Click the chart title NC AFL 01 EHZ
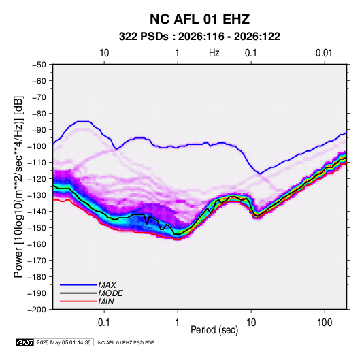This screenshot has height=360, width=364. (x=199, y=19)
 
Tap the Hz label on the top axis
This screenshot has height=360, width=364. (x=214, y=53)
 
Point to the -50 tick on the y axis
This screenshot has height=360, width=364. (x=39, y=65)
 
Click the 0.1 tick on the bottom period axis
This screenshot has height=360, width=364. (x=104, y=323)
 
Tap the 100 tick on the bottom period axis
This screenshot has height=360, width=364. (x=325, y=323)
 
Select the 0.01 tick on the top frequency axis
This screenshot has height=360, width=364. (x=324, y=53)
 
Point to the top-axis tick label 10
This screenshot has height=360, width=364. (x=104, y=53)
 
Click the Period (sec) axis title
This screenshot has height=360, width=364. (x=214, y=330)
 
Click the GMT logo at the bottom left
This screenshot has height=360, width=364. (x=25, y=342)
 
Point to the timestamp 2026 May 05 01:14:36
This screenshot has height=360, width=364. (x=63, y=342)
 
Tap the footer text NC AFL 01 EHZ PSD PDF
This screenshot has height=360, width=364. (x=126, y=342)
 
